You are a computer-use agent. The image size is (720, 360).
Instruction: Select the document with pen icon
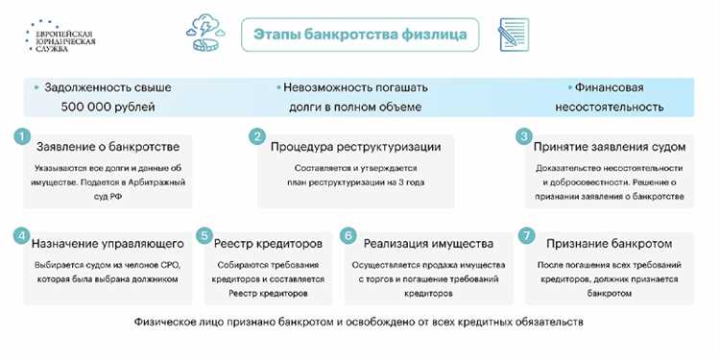coord(515,35)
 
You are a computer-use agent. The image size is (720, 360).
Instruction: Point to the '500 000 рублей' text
coord(108,107)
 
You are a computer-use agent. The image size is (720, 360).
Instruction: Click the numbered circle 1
coord(22,137)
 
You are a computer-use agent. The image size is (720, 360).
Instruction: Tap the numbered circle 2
coord(256,137)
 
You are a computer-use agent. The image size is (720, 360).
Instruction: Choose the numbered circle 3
coord(524,137)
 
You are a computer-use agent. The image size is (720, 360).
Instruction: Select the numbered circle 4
coord(22,235)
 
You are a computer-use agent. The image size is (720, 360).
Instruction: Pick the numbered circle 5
coord(204,235)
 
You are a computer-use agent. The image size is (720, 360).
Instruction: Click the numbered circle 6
coord(348,235)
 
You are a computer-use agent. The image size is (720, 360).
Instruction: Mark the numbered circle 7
coord(524,235)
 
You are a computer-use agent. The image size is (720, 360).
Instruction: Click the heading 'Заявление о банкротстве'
coord(107,147)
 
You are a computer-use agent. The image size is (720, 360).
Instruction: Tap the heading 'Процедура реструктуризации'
coord(355,147)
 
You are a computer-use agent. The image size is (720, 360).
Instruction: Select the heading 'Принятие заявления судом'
coord(610,147)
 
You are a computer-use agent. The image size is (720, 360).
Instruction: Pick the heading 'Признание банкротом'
coord(610,244)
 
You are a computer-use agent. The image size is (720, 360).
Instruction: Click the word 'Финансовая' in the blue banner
coord(609,86)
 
